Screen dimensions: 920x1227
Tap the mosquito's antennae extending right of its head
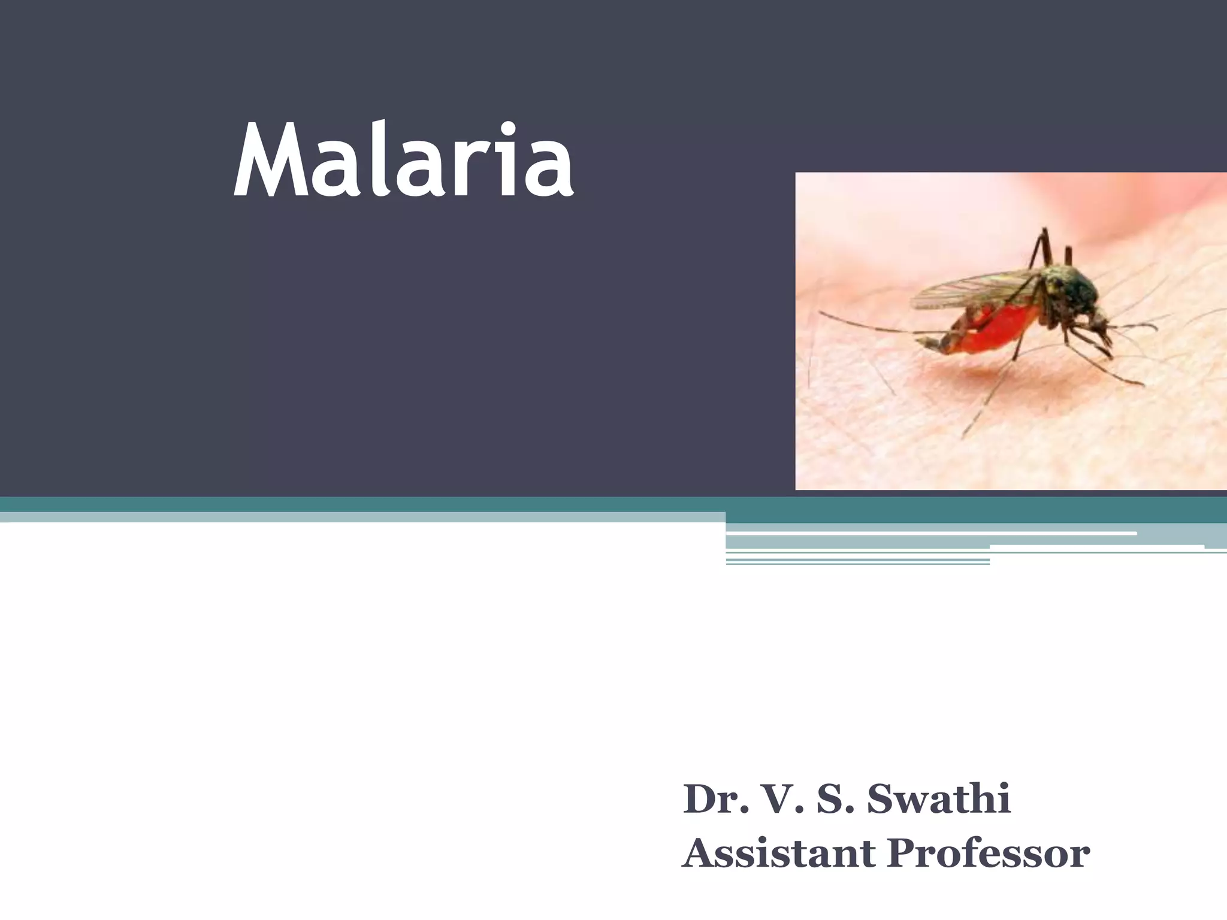(1132, 326)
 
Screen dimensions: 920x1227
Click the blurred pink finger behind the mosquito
(1138, 198)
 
